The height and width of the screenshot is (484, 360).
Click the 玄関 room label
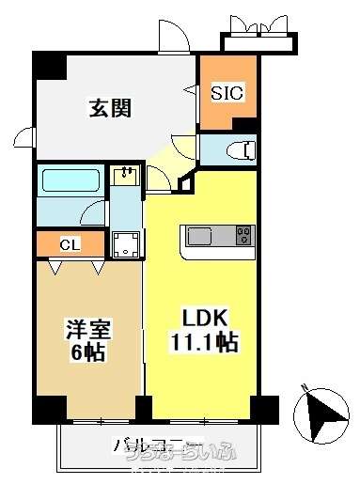click(x=111, y=107)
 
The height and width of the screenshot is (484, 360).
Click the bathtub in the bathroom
click(x=71, y=180)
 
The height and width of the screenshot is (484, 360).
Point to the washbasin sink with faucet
click(x=125, y=175)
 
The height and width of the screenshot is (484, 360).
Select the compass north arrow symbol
click(x=320, y=411)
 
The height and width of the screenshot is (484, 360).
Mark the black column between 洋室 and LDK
click(x=143, y=408)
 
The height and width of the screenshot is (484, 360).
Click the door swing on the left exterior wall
click(x=26, y=140)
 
